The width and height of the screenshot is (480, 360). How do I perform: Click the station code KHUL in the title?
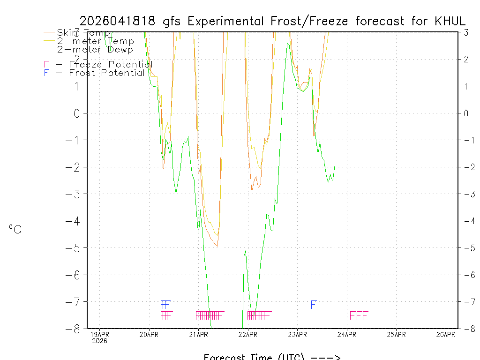[450, 21]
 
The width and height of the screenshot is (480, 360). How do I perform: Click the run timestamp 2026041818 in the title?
[119, 21]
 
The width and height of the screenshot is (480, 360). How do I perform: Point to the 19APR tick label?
[99, 334]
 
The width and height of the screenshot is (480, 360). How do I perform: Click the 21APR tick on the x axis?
[198, 334]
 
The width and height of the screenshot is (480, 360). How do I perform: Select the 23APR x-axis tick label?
[297, 334]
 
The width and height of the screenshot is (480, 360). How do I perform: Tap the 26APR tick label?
[446, 334]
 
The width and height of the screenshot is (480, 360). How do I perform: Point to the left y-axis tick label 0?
[71, 113]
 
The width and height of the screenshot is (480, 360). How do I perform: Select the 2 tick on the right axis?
[466, 59]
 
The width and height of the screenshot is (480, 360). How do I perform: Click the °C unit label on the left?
[15, 229]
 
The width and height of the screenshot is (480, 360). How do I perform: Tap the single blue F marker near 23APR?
[314, 305]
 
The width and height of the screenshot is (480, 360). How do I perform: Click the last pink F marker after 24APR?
[365, 315]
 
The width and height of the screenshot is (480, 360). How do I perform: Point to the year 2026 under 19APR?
[99, 341]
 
